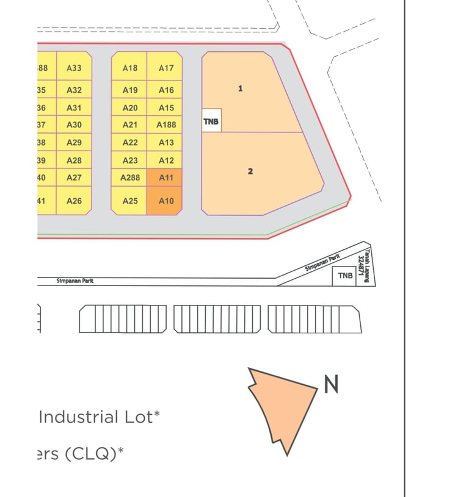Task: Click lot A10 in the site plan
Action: click(165, 201)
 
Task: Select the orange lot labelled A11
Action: click(165, 178)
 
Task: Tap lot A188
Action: click(165, 125)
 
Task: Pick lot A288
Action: click(129, 178)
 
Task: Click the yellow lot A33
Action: click(74, 68)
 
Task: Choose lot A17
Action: click(165, 68)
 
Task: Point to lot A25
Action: click(129, 201)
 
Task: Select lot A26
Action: click(74, 201)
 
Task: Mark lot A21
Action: click(129, 125)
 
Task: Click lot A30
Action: click(74, 125)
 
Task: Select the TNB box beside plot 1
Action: click(211, 122)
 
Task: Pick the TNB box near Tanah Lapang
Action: click(345, 276)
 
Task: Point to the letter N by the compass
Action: click(331, 385)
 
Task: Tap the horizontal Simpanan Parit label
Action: click(75, 281)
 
